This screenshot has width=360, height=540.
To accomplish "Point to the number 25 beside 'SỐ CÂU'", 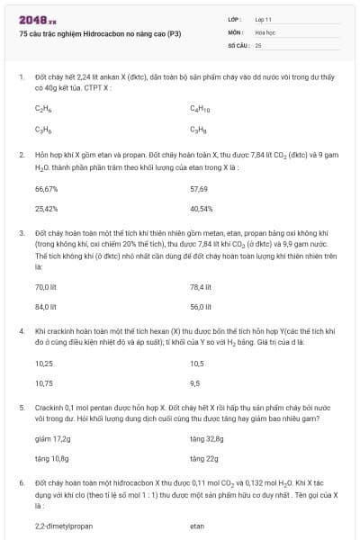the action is coord(258,43).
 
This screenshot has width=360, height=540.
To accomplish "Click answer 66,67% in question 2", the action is coord(46,189).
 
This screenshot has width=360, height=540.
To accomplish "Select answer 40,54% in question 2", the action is coord(202,209).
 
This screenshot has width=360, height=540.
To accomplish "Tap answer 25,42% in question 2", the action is coord(47,209).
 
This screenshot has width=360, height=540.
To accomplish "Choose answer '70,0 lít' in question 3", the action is coord(46,287).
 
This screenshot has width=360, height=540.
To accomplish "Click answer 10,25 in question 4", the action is coord(43,364).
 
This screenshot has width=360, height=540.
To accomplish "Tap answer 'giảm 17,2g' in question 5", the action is coord(52,439).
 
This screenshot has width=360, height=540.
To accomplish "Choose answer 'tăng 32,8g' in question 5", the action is coord(206,439).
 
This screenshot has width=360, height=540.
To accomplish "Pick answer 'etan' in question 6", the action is coord(197,526).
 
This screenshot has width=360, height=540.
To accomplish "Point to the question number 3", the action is coord(21,232).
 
